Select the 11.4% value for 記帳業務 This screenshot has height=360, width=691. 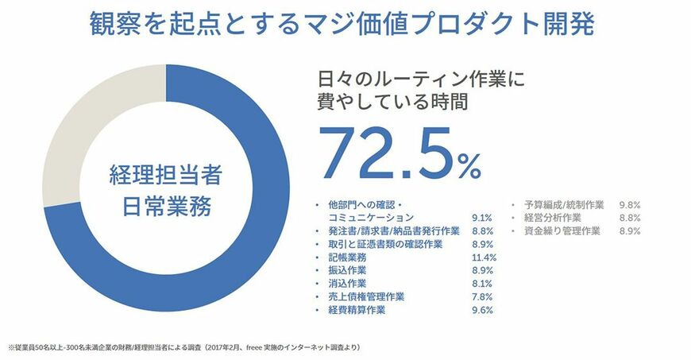[x=483, y=257]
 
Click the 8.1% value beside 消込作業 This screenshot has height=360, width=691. [x=482, y=284]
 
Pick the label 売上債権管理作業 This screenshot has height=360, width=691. [x=366, y=296]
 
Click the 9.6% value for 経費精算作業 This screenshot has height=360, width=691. [x=482, y=310]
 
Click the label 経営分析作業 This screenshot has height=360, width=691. [x=554, y=217]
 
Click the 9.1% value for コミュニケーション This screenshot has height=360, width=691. [x=482, y=217]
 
